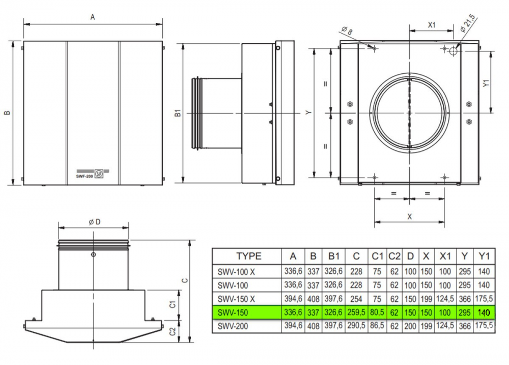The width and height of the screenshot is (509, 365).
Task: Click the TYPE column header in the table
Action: coord(249,256)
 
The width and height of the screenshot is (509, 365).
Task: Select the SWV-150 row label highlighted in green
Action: coord(233,312)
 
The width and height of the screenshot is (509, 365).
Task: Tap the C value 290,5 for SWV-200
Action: coord(356,325)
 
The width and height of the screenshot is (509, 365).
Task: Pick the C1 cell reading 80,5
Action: coord(377,312)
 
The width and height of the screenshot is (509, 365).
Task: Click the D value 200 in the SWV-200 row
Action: coord(410,326)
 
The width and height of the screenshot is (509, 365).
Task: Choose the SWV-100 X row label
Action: coord(236,272)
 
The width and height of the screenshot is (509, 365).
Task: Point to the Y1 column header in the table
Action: coord(484,256)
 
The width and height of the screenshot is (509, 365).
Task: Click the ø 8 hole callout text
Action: coord(347,30)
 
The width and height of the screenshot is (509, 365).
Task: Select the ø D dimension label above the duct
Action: coord(95,222)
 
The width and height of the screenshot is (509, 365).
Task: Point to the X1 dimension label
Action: coord(432,24)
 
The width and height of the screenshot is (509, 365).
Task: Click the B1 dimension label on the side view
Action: coord(178,113)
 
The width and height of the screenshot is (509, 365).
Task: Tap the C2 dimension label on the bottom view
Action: coord(173,331)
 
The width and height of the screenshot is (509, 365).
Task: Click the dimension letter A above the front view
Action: coord(93,17)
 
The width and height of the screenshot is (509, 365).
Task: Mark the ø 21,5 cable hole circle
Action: coord(454,51)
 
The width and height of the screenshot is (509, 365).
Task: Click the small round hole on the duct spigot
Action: coord(94,254)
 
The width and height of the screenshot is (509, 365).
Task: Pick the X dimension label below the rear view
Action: coord(409,217)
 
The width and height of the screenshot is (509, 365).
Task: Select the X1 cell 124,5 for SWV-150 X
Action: coord(445,298)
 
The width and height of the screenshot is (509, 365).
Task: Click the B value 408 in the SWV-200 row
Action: coord(313,326)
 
